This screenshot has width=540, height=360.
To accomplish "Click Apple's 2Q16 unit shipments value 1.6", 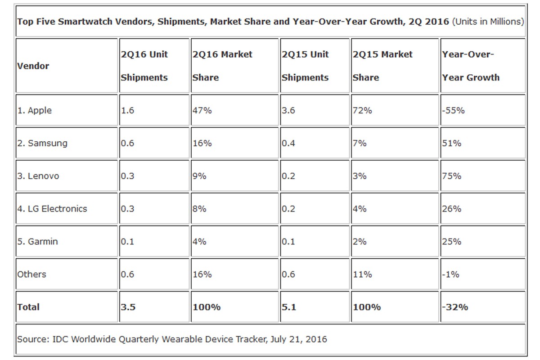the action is (x=127, y=110).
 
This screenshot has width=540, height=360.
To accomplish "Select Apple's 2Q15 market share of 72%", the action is (x=362, y=110).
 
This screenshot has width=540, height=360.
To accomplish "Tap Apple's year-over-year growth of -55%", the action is (x=453, y=110).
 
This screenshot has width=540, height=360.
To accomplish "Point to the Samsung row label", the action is (x=42, y=143).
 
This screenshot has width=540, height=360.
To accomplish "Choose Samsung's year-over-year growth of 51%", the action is (x=451, y=143).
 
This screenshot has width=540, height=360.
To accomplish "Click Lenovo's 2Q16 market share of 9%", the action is (x=199, y=176).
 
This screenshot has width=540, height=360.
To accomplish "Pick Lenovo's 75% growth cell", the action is (x=451, y=176).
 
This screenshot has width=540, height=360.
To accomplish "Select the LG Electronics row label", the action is (x=52, y=209).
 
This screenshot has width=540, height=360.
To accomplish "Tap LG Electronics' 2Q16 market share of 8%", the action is (x=199, y=209).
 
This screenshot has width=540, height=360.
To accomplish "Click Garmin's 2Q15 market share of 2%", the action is (x=360, y=242).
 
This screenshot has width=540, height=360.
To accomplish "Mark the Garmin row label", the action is (x=38, y=242).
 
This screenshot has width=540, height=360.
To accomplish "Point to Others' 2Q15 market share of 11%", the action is (x=362, y=274).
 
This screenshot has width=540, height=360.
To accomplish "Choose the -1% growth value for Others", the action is (x=450, y=274).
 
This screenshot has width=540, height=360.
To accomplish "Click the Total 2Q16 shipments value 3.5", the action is (x=128, y=307).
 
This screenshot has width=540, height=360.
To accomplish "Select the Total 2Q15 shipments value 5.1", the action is (x=289, y=307).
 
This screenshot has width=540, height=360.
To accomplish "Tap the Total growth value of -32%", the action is (x=455, y=307).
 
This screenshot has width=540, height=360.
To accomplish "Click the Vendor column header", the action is (x=33, y=66).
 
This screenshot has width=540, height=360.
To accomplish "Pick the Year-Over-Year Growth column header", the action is (x=471, y=66).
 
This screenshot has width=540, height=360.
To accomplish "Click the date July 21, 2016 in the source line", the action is (x=298, y=339).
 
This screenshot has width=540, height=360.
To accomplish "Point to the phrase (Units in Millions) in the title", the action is (x=488, y=22).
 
